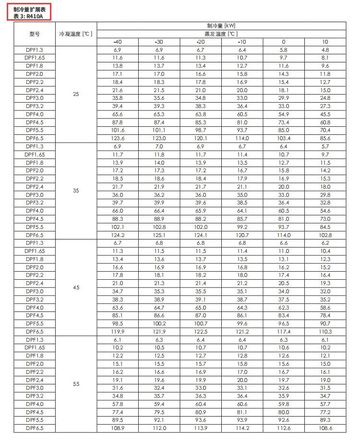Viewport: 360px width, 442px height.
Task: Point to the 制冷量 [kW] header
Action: click(x=221, y=25)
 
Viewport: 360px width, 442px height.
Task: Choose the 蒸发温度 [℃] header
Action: click(x=221, y=34)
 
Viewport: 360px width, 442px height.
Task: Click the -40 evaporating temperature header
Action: click(x=118, y=42)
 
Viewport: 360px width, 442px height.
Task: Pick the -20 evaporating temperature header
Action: click(x=201, y=42)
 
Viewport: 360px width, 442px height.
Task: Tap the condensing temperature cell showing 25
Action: click(x=76, y=94)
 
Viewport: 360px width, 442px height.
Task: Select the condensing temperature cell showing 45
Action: click(x=76, y=287)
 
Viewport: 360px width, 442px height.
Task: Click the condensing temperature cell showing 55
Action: click(x=76, y=384)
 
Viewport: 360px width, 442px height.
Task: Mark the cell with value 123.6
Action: click(x=118, y=138)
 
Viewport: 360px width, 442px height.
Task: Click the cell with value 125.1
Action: click(x=159, y=235)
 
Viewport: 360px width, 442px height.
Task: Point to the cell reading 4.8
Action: click(x=325, y=49)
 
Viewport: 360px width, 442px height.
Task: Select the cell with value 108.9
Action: click(x=118, y=428)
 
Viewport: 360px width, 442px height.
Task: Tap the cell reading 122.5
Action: click(x=201, y=332)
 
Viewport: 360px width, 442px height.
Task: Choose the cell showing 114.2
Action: click(x=242, y=428)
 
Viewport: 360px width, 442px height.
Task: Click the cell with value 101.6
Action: click(x=118, y=130)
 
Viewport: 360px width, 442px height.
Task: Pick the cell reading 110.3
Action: click(x=325, y=332)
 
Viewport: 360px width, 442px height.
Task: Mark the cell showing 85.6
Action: click(x=325, y=138)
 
